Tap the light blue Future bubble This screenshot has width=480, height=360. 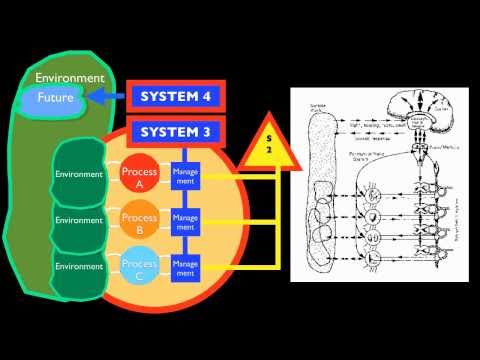point(55,98)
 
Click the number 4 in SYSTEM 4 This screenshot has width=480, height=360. point(207,97)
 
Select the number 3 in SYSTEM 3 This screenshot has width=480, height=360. point(207,132)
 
